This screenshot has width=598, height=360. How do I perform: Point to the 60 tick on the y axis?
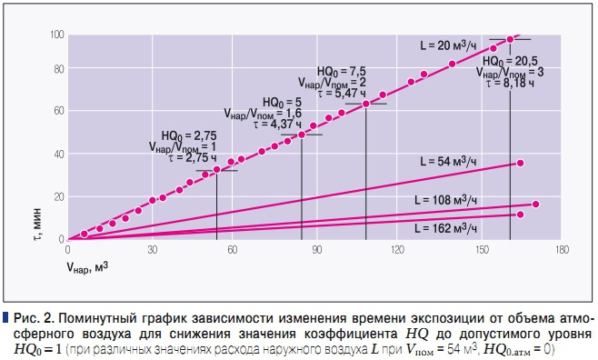pos(58,111)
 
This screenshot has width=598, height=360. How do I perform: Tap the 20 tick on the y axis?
pos(58,196)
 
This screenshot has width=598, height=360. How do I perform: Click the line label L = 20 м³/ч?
pos(451,45)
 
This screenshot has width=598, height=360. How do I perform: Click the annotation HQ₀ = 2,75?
pos(189,134)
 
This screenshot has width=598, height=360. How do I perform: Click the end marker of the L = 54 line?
pos(520,163)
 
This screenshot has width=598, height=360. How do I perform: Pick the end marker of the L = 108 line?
pos(535,205)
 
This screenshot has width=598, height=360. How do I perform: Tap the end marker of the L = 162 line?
pos(520,215)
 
